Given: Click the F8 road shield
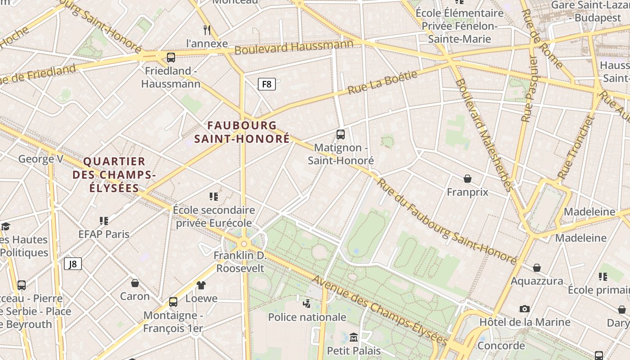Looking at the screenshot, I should click(x=266, y=84).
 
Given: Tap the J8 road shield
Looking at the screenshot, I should click(x=72, y=264).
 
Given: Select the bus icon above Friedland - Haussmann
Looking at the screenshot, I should click(x=171, y=58).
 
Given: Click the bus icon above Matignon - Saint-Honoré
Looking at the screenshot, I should click(x=341, y=134).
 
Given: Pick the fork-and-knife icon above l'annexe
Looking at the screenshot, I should click(x=207, y=30).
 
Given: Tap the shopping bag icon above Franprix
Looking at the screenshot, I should click(x=468, y=179).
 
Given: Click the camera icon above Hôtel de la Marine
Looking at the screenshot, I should click(x=524, y=309).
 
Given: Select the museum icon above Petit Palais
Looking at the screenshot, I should click(x=354, y=337).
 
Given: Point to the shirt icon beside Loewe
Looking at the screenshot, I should click(x=201, y=285).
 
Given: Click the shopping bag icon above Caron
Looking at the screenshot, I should click(x=135, y=283).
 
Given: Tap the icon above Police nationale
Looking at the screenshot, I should click(x=307, y=304).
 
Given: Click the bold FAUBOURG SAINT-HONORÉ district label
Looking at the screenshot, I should click(x=242, y=132).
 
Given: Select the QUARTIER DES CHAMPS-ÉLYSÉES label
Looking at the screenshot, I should click(x=114, y=175).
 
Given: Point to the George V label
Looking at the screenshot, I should click(x=40, y=159).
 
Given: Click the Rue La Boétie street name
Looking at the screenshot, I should click(x=382, y=82).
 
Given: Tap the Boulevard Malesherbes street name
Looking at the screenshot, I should click(x=483, y=135).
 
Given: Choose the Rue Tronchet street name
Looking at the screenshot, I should click(x=576, y=147).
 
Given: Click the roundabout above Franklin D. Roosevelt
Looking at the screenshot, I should click(x=244, y=243).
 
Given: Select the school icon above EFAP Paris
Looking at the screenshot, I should click(x=104, y=220).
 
